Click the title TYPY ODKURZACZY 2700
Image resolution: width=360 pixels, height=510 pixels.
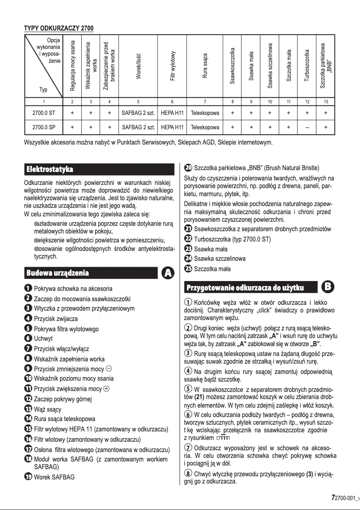click(58, 29)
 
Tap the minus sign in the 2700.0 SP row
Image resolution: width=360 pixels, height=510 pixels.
click(307, 127)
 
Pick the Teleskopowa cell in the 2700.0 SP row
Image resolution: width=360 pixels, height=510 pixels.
click(205, 127)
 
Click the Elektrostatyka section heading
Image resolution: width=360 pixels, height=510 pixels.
click(50, 170)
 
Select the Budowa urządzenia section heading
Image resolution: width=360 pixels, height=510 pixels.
click(57, 273)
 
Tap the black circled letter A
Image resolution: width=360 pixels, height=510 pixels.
click(167, 273)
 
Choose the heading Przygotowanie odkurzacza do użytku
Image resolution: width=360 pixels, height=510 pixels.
click(245, 287)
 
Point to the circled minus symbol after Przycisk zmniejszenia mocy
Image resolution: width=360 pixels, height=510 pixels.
click(109, 369)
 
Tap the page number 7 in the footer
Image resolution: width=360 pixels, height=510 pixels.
click(333, 498)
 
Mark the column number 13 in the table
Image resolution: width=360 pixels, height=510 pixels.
click(325, 102)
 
